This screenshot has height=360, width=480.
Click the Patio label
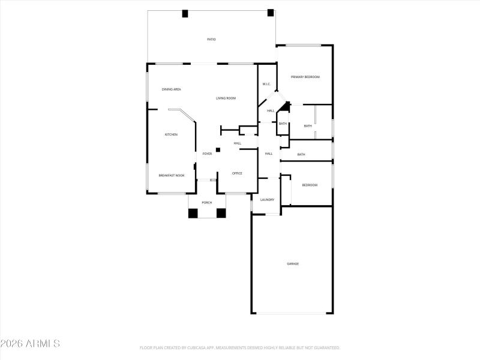[211, 40]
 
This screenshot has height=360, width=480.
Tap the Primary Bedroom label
[305, 77]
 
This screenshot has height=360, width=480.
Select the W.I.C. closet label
[266, 84]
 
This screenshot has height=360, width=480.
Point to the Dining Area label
[171, 89]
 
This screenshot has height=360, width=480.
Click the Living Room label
[226, 98]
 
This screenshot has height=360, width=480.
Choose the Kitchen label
[171, 134]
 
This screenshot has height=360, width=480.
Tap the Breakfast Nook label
[171, 175]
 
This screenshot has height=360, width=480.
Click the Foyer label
[207, 154]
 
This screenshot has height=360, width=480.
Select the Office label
[237, 173]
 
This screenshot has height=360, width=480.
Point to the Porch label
[206, 203]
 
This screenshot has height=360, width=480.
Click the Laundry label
[267, 200]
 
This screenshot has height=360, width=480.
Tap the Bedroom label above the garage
[309, 185]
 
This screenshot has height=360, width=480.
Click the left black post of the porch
[193, 212]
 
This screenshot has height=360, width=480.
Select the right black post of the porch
[221, 212]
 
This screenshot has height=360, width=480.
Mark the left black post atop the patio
[185, 13]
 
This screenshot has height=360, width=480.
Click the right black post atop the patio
[271, 12]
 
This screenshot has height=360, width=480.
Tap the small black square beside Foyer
[218, 149]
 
